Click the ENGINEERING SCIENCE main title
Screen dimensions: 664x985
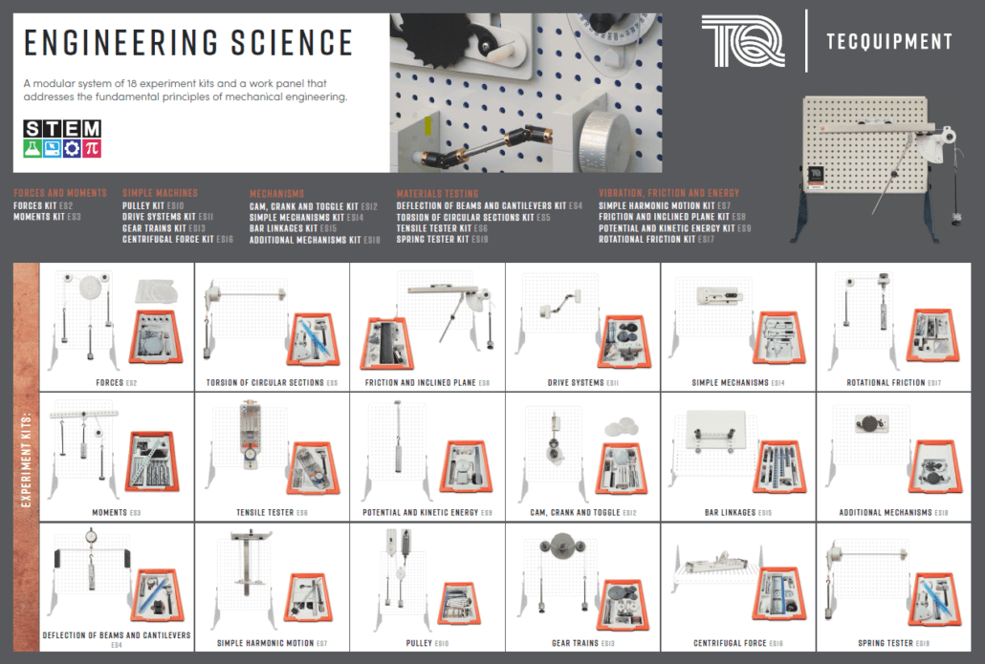click(x=188, y=43)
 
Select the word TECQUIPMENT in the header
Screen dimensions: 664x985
click(x=888, y=41)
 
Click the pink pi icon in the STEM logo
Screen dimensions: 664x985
click(x=92, y=148)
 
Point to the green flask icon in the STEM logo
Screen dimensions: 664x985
click(x=33, y=148)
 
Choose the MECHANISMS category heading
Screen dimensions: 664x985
click(x=276, y=193)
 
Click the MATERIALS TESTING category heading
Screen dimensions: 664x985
click(x=437, y=193)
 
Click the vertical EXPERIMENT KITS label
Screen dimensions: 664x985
click(x=26, y=459)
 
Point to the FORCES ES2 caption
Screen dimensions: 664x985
click(x=117, y=383)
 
